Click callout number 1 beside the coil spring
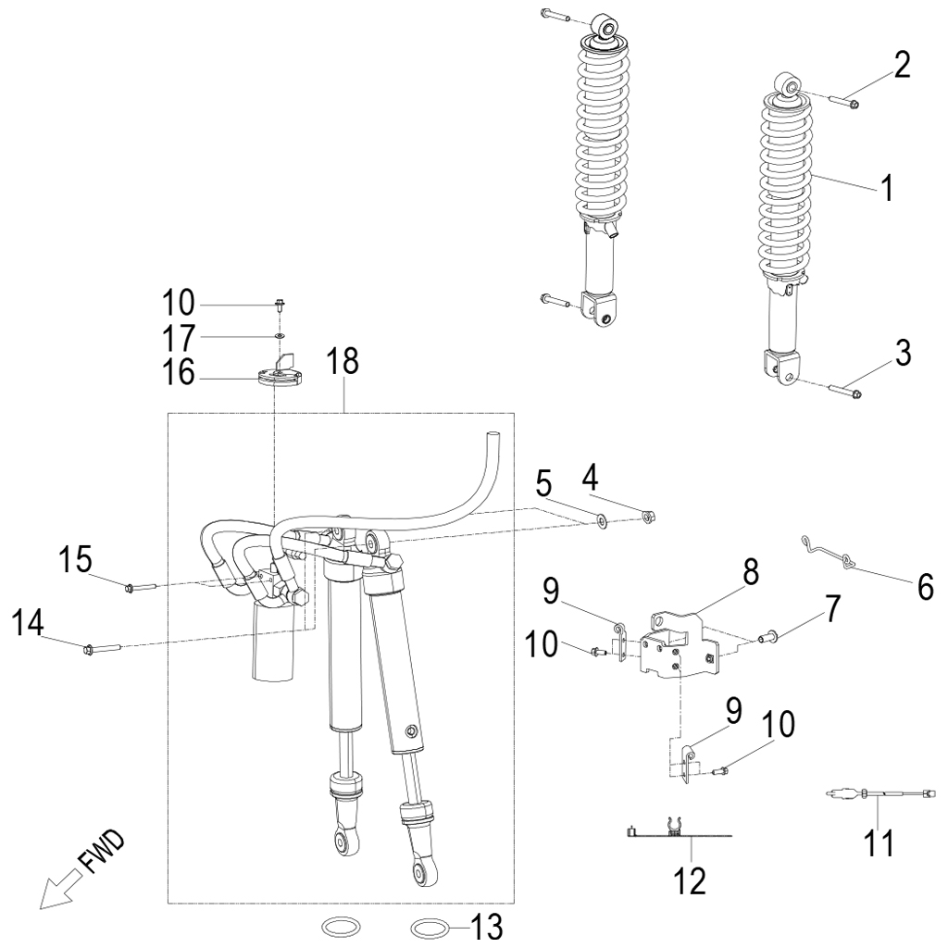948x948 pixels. click(x=886, y=189)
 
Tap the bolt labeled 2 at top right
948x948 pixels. click(x=844, y=100)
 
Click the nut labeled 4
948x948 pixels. click(x=649, y=515)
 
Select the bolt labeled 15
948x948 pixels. click(x=135, y=586)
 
